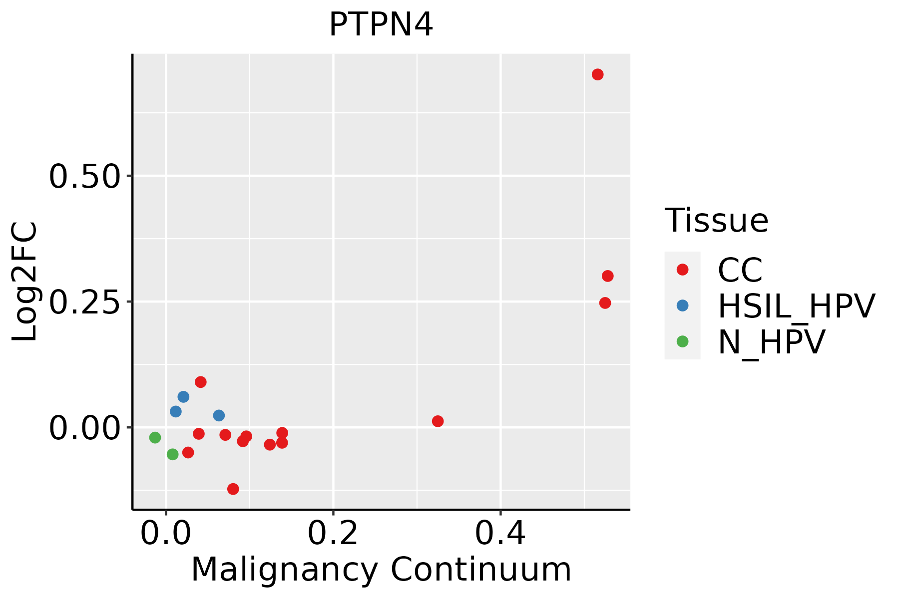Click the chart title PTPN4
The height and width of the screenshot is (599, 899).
coord(381,25)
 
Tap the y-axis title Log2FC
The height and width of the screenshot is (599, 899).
coord(25,282)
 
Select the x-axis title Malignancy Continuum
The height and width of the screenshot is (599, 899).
coord(381,570)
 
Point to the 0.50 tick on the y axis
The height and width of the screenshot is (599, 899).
coord(84,176)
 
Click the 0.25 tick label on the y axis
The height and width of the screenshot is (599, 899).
coord(84,302)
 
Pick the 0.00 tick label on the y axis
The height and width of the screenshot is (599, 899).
coord(84,428)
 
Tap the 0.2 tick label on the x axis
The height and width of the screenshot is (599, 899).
coord(333,533)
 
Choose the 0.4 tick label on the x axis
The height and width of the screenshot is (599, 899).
coord(500,533)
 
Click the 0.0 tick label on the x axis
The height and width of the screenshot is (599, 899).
coord(166,533)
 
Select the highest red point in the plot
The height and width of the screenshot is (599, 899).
coord(597,74)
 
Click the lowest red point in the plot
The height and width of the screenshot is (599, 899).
coord(233,489)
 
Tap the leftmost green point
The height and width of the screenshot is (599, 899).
coord(155,437)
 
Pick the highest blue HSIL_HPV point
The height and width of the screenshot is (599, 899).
coord(183,397)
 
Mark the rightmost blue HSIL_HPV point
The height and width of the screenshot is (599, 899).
coord(219,415)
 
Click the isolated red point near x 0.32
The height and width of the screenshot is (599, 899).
coord(438,421)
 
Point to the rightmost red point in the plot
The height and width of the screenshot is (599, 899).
coord(607,276)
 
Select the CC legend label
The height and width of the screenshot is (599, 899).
coord(740,270)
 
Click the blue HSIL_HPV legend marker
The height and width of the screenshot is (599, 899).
coord(682,305)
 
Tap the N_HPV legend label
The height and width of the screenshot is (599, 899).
coord(771,342)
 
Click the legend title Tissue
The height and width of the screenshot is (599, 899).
coord(716,220)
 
